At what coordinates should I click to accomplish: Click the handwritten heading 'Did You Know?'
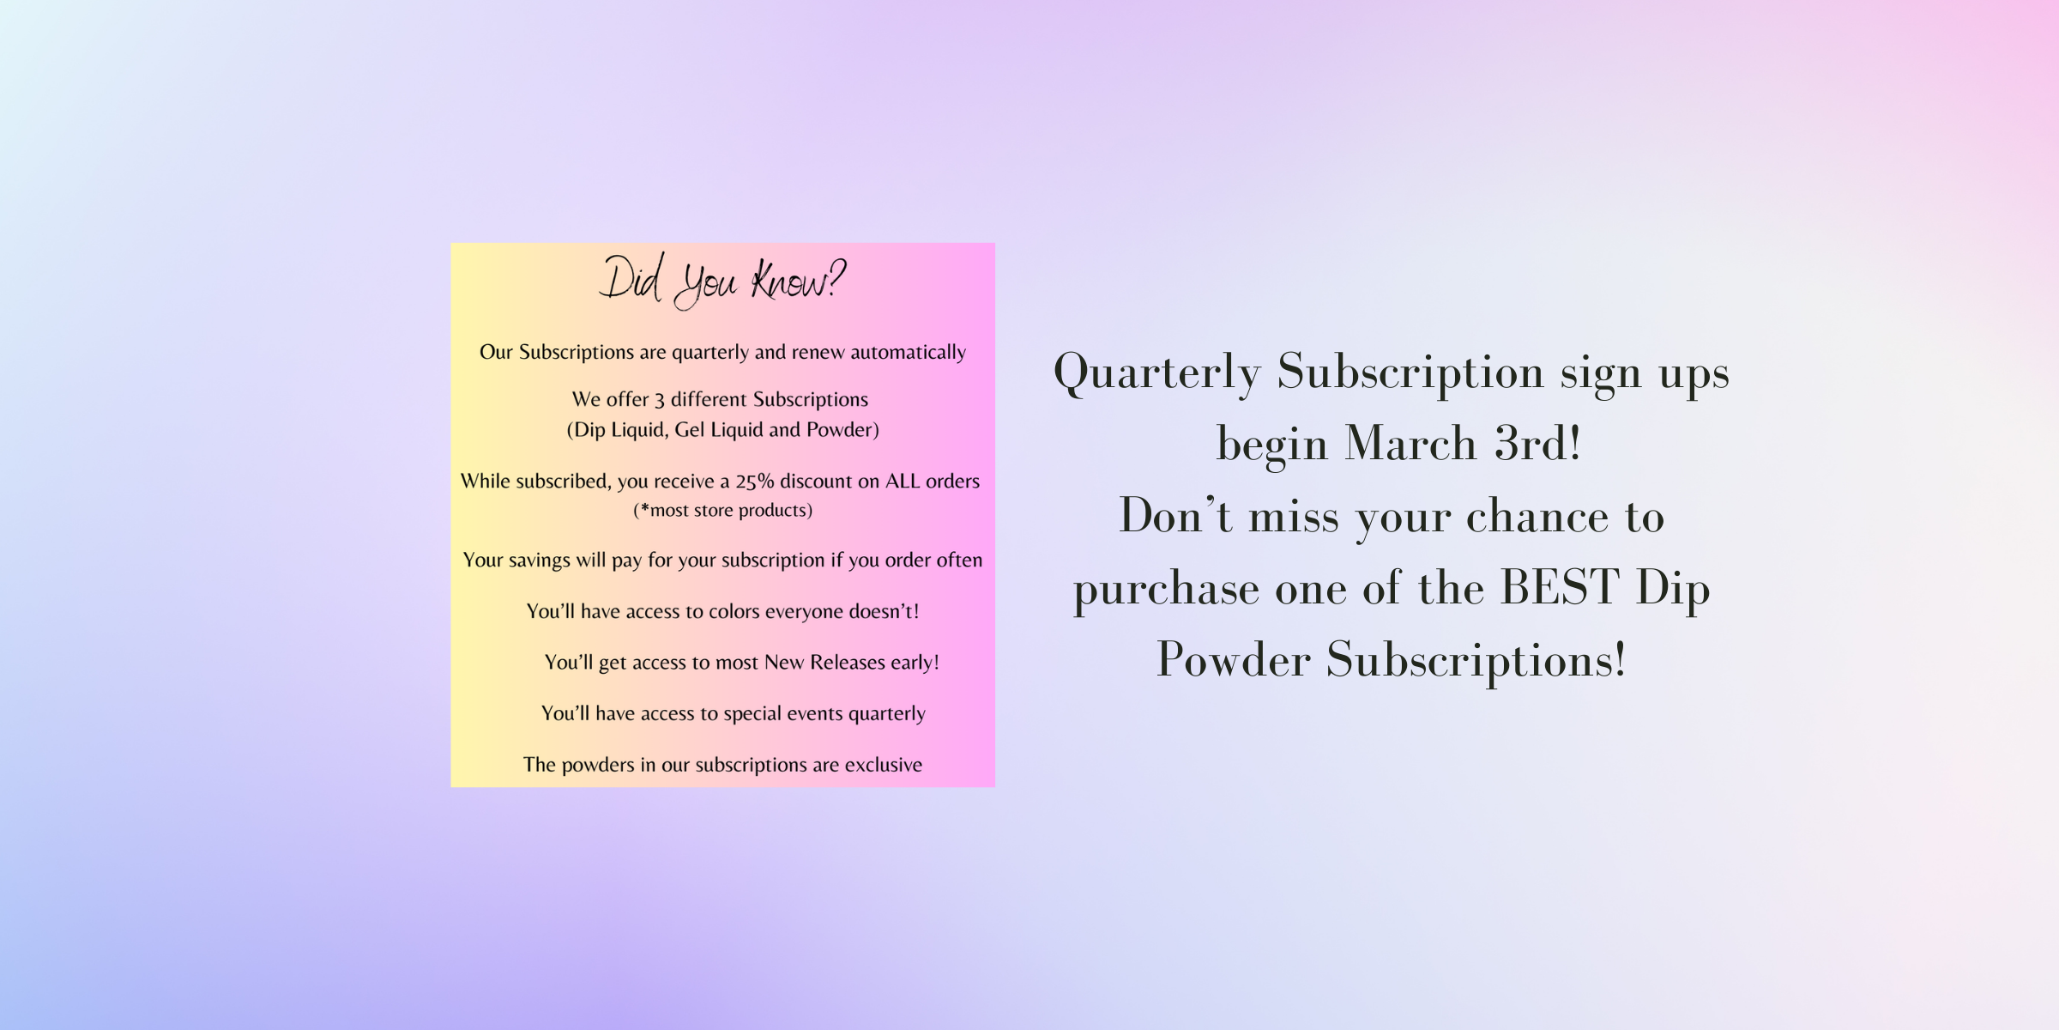point(722,281)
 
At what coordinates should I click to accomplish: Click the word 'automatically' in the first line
point(908,352)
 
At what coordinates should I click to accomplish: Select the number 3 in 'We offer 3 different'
point(659,400)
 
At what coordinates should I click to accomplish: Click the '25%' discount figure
point(755,482)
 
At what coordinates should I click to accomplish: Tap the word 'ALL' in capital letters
point(903,481)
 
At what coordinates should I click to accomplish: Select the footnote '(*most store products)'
point(722,511)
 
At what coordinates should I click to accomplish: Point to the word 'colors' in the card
point(734,611)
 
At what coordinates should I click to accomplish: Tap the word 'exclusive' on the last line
point(884,765)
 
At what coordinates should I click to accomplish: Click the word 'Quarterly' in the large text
point(1157,373)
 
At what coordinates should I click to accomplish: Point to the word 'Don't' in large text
point(1175,515)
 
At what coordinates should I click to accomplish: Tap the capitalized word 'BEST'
point(1560,588)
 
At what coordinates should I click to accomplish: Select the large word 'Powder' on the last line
point(1233,660)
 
